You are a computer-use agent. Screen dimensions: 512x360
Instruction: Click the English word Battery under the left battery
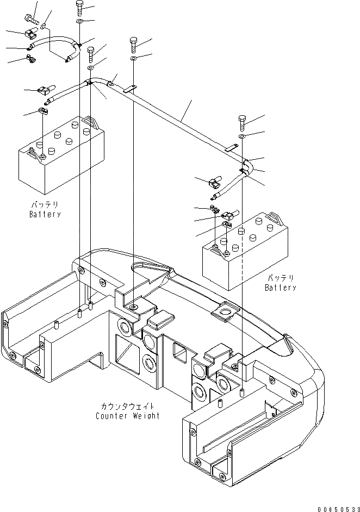click(45, 214)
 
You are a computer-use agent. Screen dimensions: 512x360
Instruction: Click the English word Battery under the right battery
click(281, 288)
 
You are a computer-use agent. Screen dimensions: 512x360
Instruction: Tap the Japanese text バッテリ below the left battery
click(45, 205)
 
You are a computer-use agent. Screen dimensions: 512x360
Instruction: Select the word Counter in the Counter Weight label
click(111, 416)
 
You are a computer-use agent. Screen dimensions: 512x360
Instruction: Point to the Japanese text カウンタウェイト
click(127, 407)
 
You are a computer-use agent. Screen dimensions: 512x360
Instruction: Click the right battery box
click(245, 250)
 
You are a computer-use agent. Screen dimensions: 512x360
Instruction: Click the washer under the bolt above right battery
click(243, 135)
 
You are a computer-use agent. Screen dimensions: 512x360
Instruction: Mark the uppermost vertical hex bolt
click(80, 7)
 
